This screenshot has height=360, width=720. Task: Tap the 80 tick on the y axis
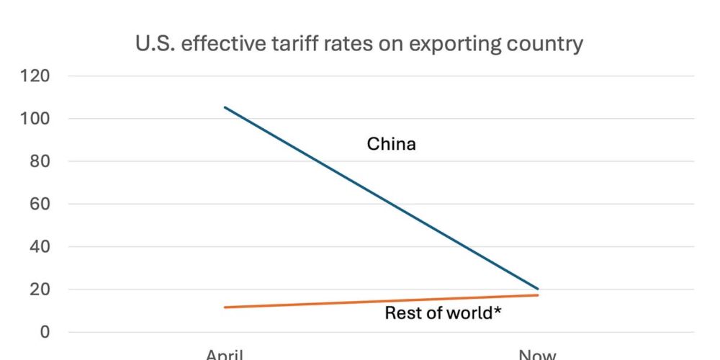tap(41, 161)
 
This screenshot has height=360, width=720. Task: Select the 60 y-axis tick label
tap(41, 204)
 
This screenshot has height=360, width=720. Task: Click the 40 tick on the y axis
tap(41, 247)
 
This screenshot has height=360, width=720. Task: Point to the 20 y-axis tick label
tap(41, 289)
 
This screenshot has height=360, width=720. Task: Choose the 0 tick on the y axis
tap(45, 332)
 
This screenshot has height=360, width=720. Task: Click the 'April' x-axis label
tap(225, 354)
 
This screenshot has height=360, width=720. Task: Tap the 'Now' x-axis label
tap(538, 354)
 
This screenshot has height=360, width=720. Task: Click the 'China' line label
tap(392, 144)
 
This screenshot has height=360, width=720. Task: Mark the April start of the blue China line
tap(225, 107)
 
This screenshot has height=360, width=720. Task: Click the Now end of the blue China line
tap(538, 289)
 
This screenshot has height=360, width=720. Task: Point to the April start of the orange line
tap(225, 307)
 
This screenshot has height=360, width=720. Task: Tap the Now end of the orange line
tap(538, 295)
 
